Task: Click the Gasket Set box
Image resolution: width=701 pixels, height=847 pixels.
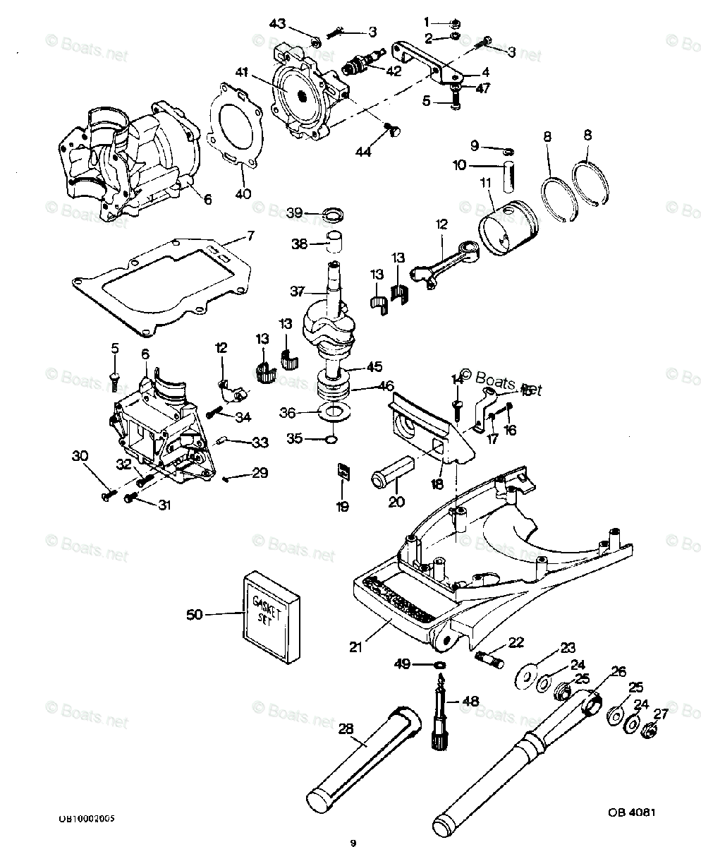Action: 273,615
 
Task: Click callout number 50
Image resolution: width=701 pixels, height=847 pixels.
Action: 194,615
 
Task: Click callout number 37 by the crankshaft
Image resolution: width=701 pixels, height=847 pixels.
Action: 296,292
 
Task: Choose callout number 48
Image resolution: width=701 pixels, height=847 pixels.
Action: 470,702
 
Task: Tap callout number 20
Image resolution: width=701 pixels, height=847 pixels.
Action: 396,502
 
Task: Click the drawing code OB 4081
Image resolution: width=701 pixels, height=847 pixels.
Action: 632,812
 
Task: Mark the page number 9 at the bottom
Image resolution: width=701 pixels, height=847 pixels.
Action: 353,842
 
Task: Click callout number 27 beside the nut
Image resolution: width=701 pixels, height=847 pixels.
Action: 661,713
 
